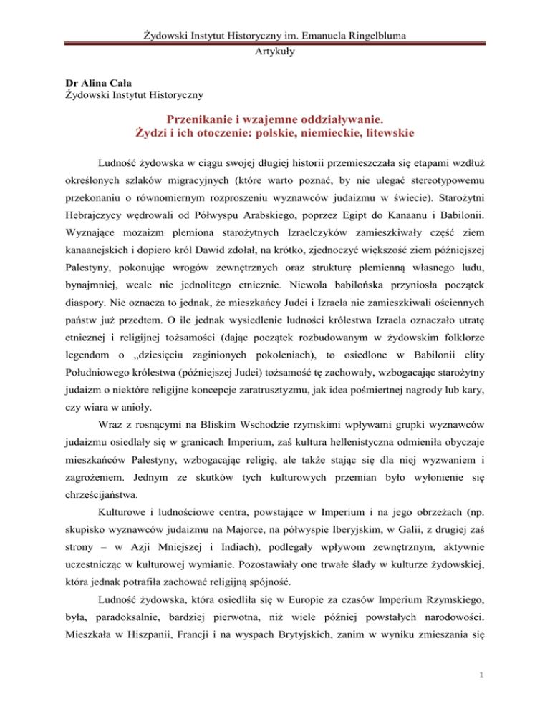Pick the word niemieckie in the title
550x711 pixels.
(320, 133)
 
